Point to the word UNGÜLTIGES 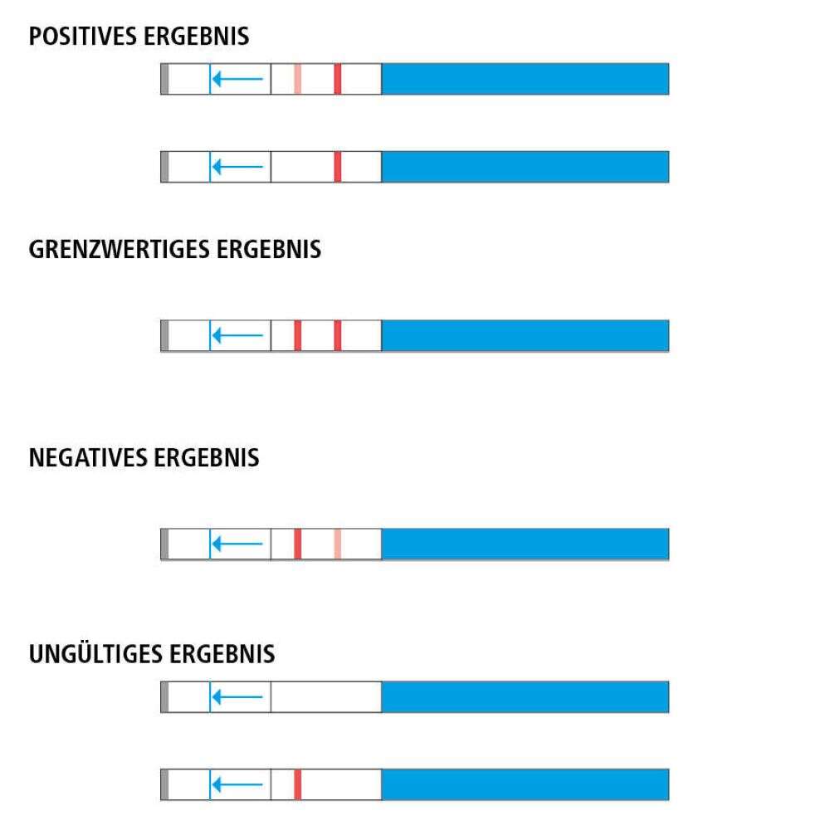[x=95, y=654]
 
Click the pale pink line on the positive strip [x=297, y=79]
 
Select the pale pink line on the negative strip [x=338, y=544]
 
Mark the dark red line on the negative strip [x=297, y=544]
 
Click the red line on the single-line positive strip [x=338, y=166]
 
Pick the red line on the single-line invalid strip [x=297, y=784]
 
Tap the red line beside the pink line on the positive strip [x=338, y=79]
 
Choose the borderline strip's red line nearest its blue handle [x=338, y=335]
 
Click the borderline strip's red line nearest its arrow [x=297, y=335]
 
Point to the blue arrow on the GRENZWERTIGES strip [x=237, y=335]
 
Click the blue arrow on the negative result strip [x=237, y=544]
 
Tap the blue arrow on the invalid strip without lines [x=237, y=696]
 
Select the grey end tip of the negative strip [x=164, y=544]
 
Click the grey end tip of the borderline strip [x=164, y=335]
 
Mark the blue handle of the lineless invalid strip [x=525, y=696]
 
